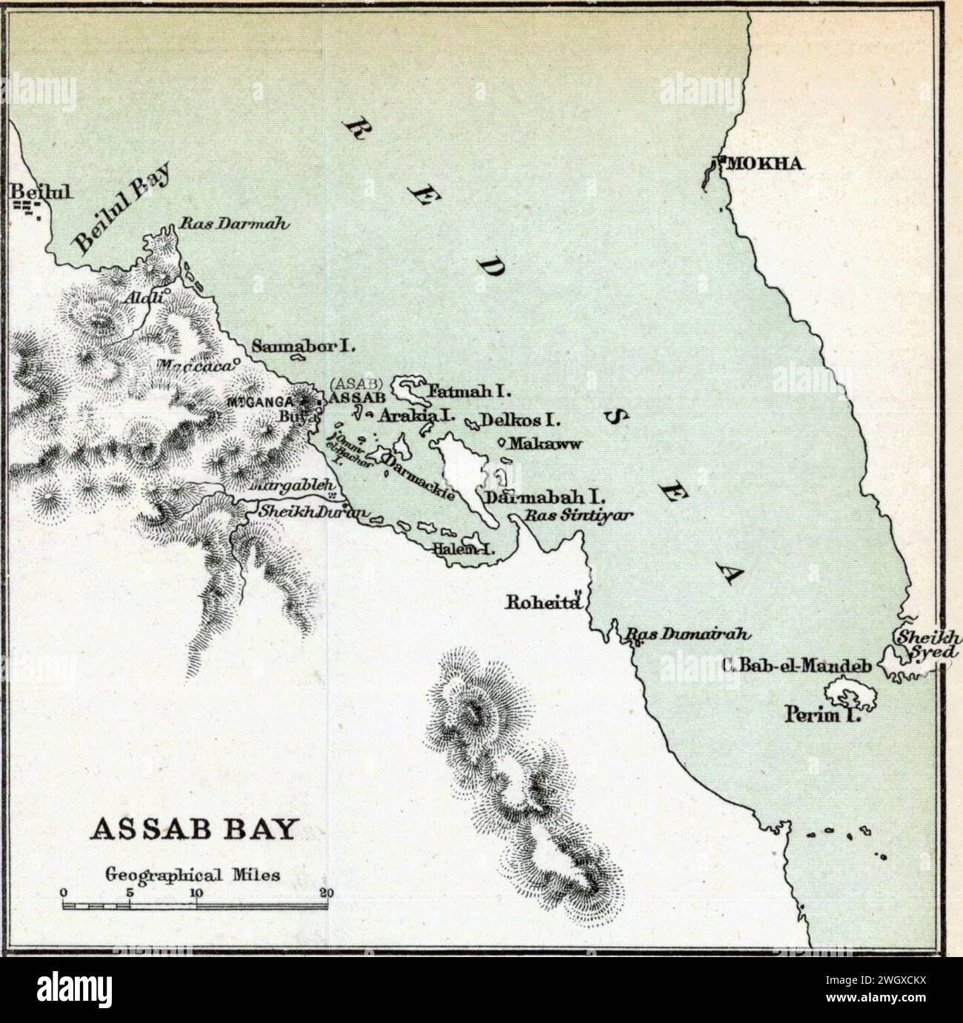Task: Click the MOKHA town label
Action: click(x=763, y=164)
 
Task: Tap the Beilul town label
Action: click(x=41, y=192)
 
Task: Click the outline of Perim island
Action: click(x=849, y=697)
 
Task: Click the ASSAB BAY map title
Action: click(x=192, y=830)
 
